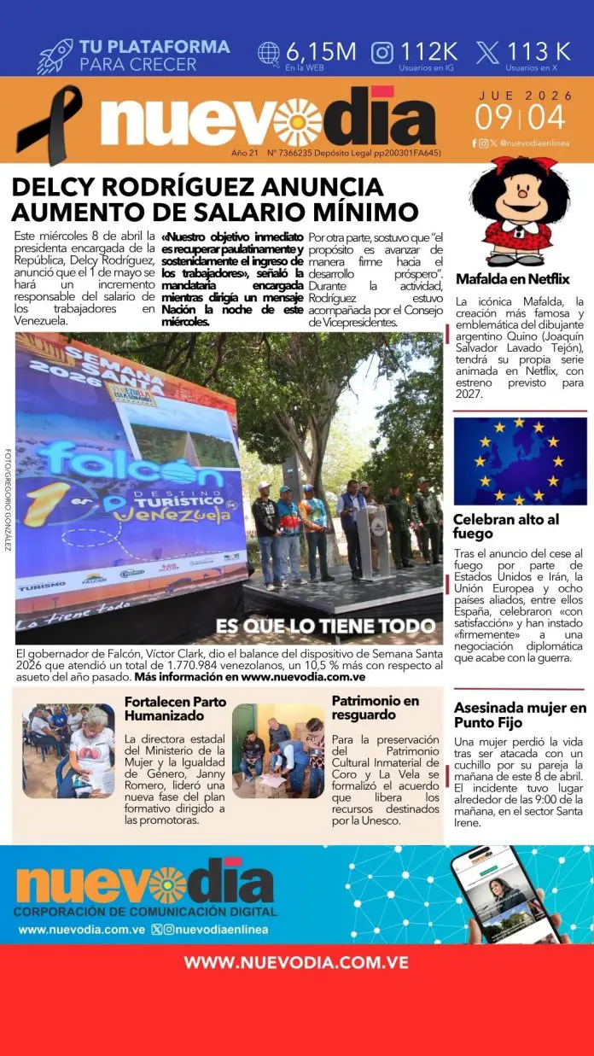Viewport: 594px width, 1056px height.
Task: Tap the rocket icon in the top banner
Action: point(55,55)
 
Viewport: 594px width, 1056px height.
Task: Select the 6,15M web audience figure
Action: point(321,51)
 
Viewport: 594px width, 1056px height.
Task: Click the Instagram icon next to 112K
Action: point(382,52)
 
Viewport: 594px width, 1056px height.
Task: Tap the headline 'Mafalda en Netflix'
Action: point(512,279)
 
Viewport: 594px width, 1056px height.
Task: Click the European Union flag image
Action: point(520,460)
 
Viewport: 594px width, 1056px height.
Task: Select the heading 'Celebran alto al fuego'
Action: point(506,526)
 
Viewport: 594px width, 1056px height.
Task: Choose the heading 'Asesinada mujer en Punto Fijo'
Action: point(520,715)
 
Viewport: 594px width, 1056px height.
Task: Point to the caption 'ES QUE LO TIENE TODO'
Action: point(325,626)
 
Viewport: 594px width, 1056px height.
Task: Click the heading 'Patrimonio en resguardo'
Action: point(376,708)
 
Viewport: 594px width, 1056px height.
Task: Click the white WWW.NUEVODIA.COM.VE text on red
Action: point(296,962)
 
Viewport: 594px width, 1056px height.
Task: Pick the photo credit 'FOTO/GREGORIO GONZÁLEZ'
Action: point(8,499)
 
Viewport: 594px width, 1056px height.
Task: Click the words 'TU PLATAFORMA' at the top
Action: point(154,47)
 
